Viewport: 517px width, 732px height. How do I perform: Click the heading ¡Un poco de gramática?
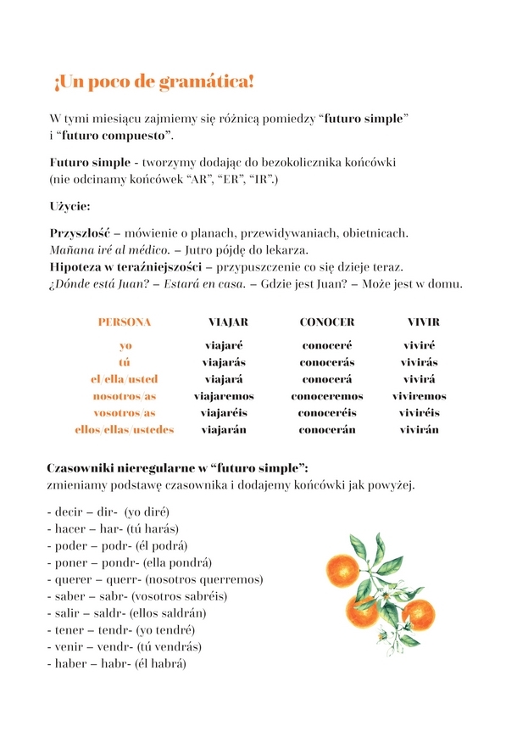tap(153, 82)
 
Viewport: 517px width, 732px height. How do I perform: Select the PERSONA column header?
tap(125, 322)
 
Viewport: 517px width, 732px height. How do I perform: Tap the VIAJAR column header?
tap(228, 322)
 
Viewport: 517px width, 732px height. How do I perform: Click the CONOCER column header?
tap(327, 322)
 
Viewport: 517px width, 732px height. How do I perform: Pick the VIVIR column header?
tap(423, 322)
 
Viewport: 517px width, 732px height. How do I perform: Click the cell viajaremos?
tap(224, 396)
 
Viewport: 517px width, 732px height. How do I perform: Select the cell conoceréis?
tap(327, 413)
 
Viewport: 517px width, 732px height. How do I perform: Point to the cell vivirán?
tap(420, 430)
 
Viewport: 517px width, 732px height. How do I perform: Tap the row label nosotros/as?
tap(125, 396)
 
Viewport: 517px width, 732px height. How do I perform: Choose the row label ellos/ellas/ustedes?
tap(125, 430)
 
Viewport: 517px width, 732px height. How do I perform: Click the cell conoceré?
tap(327, 345)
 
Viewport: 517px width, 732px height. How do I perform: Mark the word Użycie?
tap(69, 206)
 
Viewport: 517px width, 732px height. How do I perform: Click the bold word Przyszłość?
tap(80, 232)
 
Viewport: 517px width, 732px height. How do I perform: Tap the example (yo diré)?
tap(147, 511)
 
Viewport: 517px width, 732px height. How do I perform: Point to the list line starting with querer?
tap(156, 579)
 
